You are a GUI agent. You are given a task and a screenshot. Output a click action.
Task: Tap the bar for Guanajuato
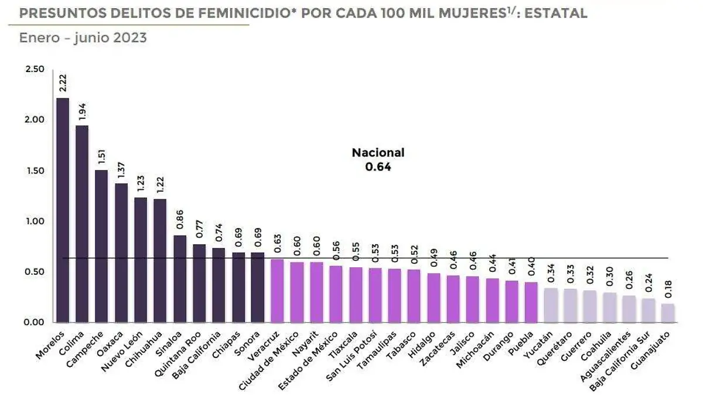(668, 313)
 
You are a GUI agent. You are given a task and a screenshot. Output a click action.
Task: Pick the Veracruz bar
(277, 291)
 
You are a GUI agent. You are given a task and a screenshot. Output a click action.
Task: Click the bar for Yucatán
(551, 305)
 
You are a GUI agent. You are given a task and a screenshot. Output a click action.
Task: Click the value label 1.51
(102, 156)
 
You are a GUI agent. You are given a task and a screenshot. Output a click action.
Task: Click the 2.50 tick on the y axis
(35, 69)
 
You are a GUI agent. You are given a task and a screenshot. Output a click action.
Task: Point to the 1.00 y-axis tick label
(35, 222)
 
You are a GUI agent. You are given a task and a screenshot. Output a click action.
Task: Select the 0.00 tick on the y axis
(35, 322)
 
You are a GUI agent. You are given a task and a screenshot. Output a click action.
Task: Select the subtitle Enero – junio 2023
(83, 38)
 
